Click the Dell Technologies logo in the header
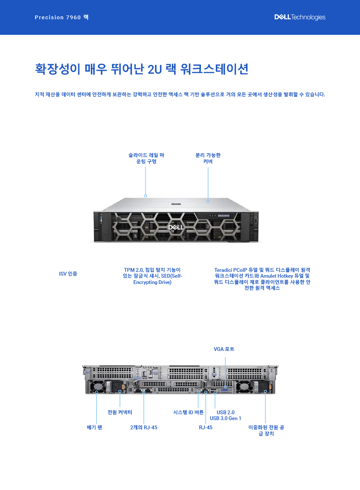(x=300, y=17)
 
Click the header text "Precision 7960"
(x=58, y=18)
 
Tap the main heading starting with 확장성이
(x=141, y=69)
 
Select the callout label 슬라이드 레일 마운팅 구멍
(x=146, y=158)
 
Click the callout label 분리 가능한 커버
(x=208, y=158)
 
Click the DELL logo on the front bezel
(x=176, y=227)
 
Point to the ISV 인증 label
(x=68, y=274)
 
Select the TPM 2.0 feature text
(x=152, y=276)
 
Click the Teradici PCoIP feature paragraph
(x=262, y=279)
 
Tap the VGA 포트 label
(x=224, y=349)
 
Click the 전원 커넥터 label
(x=120, y=412)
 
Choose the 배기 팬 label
(x=95, y=427)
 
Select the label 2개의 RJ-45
(x=144, y=427)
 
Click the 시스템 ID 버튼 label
(x=188, y=412)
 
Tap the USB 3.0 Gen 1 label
(x=226, y=418)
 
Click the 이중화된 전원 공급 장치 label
(x=266, y=430)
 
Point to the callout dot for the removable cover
(x=208, y=201)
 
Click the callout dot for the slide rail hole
(x=146, y=196)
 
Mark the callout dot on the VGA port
(x=226, y=387)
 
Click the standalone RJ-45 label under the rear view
(x=206, y=427)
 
